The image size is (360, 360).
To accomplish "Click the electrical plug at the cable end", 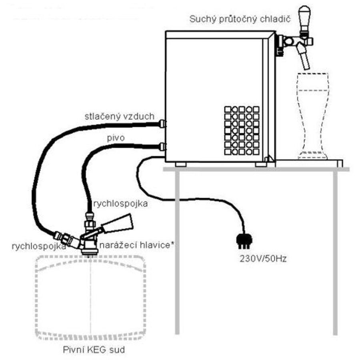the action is tap(244, 241).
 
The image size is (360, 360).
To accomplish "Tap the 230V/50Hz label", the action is tap(263, 259).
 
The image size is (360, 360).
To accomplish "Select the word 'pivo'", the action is tap(116, 138).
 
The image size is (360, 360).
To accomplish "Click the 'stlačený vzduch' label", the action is tap(119, 116).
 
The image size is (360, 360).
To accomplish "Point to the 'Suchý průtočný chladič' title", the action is tap(240, 19).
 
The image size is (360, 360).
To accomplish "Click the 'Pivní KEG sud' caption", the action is tap(94, 350).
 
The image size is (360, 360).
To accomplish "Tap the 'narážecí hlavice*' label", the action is tap(136, 246).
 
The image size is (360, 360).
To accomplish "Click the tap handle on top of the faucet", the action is tap(304, 18).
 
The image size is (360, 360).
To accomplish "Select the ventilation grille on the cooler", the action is tap(242, 130).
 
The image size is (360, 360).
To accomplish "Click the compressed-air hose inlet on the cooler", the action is tap(162, 124).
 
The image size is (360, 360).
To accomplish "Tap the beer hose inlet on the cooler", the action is tap(162, 147).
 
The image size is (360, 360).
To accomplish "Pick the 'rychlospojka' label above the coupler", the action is tap(120, 204).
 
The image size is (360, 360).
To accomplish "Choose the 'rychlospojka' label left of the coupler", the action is tap(39, 246).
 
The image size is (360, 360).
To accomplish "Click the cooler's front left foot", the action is tap(180, 164).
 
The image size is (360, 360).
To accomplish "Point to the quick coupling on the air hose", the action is tap(66, 238).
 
